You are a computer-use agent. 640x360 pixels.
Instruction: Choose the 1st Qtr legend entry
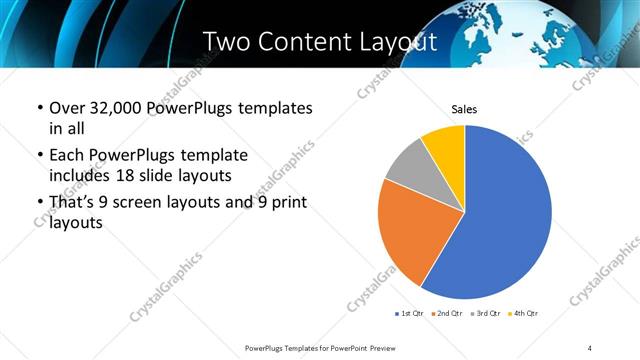pyautogui.click(x=410, y=314)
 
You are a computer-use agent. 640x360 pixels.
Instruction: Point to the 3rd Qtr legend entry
pyautogui.click(x=486, y=314)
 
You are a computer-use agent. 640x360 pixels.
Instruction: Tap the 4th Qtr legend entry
pyautogui.click(x=523, y=314)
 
